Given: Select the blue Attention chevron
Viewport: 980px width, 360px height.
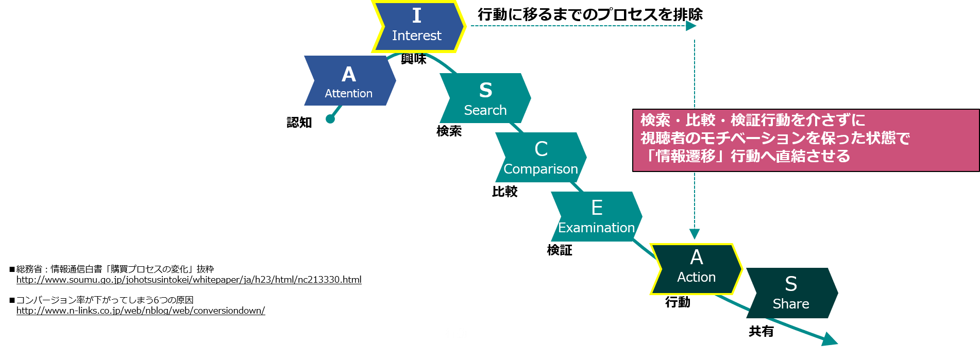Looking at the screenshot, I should coord(349,81).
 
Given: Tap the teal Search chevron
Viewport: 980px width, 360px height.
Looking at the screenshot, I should coord(485,98).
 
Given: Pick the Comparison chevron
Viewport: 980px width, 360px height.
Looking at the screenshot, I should coord(540,157).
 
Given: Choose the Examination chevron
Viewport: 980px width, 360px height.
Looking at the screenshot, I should coord(596,216).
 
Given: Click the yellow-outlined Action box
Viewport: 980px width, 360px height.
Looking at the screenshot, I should coord(696,269).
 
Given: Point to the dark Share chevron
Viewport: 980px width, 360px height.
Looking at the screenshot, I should coord(791,293).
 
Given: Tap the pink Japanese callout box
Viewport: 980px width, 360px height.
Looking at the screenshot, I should coord(805,140).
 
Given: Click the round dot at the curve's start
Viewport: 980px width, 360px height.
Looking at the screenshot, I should coord(330,119).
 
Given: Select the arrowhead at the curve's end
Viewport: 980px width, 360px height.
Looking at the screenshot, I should coord(830,339).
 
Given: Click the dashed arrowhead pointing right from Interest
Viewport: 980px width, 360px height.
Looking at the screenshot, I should coord(691,26).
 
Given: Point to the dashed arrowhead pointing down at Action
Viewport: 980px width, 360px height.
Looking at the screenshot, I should coord(695,234).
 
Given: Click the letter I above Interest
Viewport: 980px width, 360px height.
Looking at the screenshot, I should coord(417,16).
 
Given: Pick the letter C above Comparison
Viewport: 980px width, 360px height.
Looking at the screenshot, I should coord(541,149).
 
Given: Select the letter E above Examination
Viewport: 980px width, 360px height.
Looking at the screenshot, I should coord(597,208).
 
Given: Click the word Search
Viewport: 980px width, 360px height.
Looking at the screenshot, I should coord(485,110).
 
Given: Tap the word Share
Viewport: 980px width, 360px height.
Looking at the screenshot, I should coord(791,304).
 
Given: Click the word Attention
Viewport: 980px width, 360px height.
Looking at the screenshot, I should coord(349,93).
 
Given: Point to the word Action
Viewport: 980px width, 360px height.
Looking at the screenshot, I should coord(696,277).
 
